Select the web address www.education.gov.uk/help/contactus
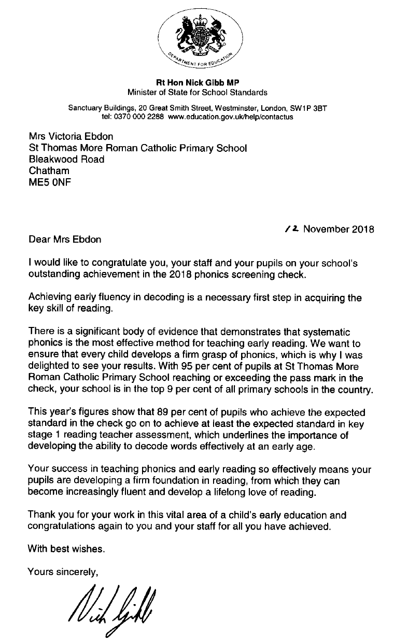tap(231, 117)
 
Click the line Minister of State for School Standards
tap(198, 93)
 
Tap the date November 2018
tap(339, 228)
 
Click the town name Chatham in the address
tap(49, 170)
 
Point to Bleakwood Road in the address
tap(66, 159)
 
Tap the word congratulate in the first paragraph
tap(118, 263)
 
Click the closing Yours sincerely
tap(63, 571)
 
